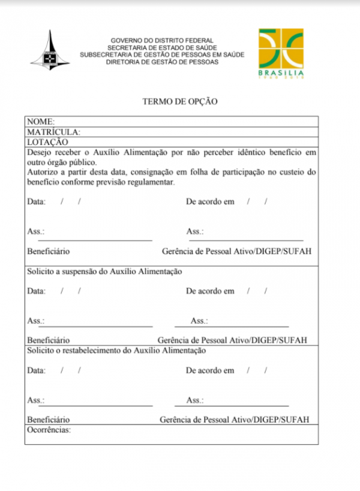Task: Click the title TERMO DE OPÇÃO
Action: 179,101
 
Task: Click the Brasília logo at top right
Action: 281,53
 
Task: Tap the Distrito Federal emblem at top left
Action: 50,52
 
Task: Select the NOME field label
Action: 41,121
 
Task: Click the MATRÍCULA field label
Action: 53,132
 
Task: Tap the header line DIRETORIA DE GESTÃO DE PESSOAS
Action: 162,62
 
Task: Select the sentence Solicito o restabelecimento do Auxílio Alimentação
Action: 116,351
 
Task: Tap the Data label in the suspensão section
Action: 36,291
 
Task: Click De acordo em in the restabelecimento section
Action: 210,370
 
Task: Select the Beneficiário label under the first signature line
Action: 49,251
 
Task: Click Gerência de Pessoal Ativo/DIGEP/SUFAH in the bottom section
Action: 235,420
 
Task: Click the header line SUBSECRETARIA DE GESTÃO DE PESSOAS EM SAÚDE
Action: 162,55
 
